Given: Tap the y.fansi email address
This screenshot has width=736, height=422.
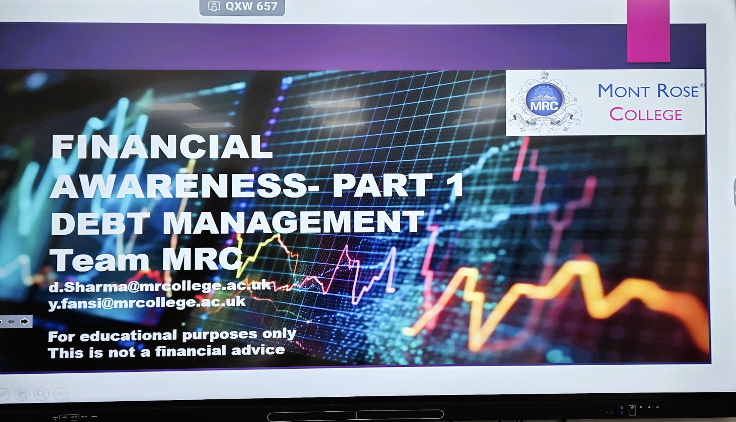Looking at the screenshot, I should [x=147, y=303].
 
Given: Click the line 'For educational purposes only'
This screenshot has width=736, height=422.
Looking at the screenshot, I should [x=172, y=335].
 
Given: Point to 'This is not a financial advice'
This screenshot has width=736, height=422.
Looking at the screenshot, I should [x=166, y=351].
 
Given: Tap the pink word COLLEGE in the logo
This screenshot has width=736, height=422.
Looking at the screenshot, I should [x=646, y=114].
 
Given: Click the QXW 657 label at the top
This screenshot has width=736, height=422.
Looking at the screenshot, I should [x=242, y=7].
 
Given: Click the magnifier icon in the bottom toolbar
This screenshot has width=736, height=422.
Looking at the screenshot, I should [x=41, y=394].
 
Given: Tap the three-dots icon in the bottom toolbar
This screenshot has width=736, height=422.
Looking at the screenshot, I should [x=61, y=394].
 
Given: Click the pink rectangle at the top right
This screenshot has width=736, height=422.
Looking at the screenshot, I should [x=648, y=31].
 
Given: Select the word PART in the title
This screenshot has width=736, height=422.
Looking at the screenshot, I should [x=382, y=185].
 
